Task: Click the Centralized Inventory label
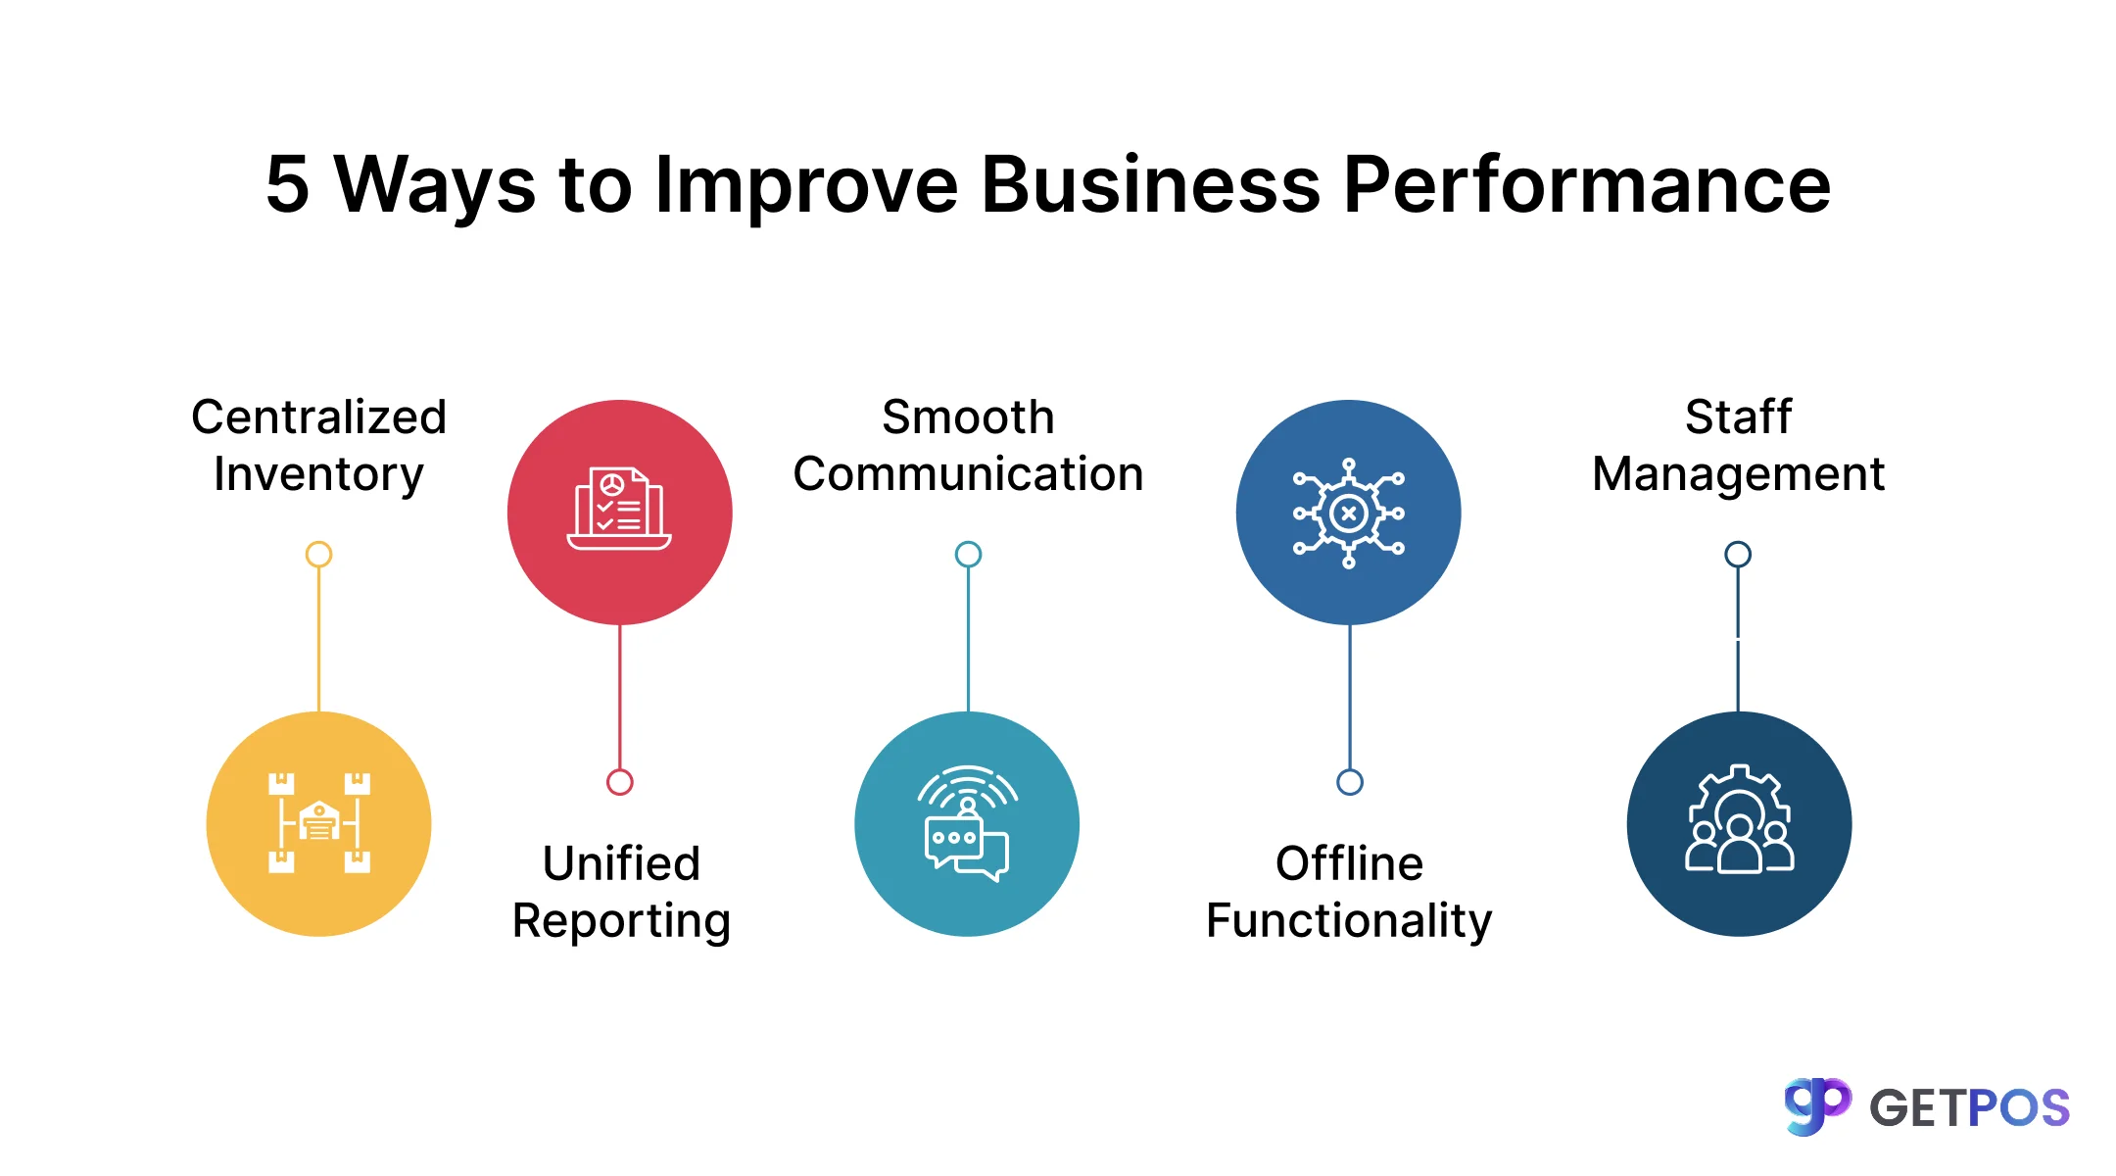pyautogui.click(x=318, y=445)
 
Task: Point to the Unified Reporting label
pyautogui.click(x=621, y=892)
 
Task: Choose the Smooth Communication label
pyautogui.click(x=968, y=445)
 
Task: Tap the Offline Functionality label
pyautogui.click(x=1349, y=892)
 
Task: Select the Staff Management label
pyautogui.click(x=1738, y=445)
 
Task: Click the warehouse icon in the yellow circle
pyautogui.click(x=319, y=823)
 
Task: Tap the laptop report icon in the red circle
pyautogui.click(x=619, y=511)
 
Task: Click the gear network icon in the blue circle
pyautogui.click(x=1348, y=513)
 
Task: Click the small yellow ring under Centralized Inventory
pyautogui.click(x=318, y=555)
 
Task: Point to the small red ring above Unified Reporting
pyautogui.click(x=619, y=782)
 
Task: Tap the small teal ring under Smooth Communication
pyautogui.click(x=968, y=555)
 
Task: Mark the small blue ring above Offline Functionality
pyautogui.click(x=1349, y=782)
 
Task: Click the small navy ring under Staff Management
pyautogui.click(x=1738, y=555)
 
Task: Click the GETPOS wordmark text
pyautogui.click(x=1969, y=1108)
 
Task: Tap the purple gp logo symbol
pyautogui.click(x=1816, y=1105)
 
